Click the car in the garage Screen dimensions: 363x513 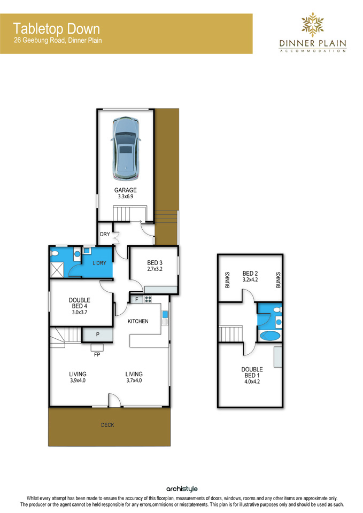coord(126,149)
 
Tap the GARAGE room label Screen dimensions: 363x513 coord(125,190)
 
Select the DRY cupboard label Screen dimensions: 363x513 coord(105,234)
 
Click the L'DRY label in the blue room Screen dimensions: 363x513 coord(99,263)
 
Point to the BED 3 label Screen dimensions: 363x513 coord(155,263)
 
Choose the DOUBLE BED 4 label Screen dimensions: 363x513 coord(80,303)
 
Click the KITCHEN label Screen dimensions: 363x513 coord(138,321)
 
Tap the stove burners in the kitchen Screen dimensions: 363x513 coord(148,299)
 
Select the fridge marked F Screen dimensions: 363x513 coord(136,299)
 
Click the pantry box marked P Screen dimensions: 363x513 coord(97,335)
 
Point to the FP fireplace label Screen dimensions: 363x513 coord(97,354)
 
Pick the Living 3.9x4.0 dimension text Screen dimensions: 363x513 coord(78,380)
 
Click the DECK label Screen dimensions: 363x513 coord(107,425)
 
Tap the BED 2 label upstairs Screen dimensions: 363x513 coord(250,273)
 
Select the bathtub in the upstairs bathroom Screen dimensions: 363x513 coord(270,336)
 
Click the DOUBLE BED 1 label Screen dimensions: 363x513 coord(252,372)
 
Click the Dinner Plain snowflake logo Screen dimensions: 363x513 coord(313,24)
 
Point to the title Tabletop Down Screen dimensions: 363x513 coord(56,29)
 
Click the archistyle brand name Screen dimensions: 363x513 coord(182,489)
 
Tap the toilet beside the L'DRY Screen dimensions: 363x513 coord(55,253)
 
